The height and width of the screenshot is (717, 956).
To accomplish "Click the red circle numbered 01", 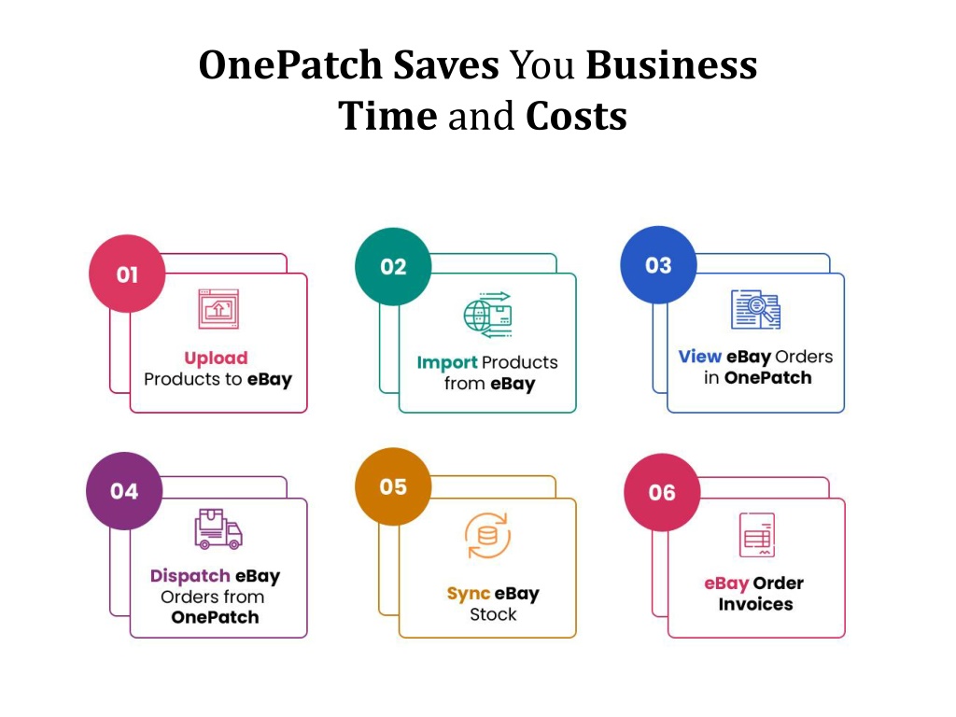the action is (127, 274).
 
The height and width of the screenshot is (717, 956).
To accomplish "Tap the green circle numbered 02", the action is (393, 266).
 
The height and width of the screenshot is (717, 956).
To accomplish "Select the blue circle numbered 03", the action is (658, 264).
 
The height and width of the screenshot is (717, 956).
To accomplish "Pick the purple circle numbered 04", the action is (124, 491).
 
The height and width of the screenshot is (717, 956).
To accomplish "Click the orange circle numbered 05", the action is (393, 486).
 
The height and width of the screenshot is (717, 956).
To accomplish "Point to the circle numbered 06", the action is (662, 492).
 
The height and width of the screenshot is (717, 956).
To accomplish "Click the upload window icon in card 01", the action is (218, 309).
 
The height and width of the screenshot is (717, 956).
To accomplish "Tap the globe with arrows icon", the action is (487, 315).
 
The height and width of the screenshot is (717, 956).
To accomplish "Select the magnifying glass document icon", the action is (755, 309).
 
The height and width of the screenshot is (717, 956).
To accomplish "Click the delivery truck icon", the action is (218, 529).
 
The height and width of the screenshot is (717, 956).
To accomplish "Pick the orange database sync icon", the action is (487, 536).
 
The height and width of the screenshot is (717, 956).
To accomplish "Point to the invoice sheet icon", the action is (757, 535).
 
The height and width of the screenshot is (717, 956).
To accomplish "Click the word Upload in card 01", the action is (216, 358).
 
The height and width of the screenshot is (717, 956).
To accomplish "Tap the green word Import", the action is (447, 363).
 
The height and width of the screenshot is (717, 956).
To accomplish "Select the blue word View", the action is (700, 356).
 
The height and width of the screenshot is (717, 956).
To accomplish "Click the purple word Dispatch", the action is (190, 576).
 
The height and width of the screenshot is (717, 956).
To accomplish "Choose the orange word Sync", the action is (469, 594).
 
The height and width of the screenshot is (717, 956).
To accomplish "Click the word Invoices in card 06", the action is (755, 604).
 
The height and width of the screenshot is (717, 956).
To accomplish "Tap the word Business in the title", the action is (671, 64).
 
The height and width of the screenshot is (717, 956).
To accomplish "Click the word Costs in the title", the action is (576, 116).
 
